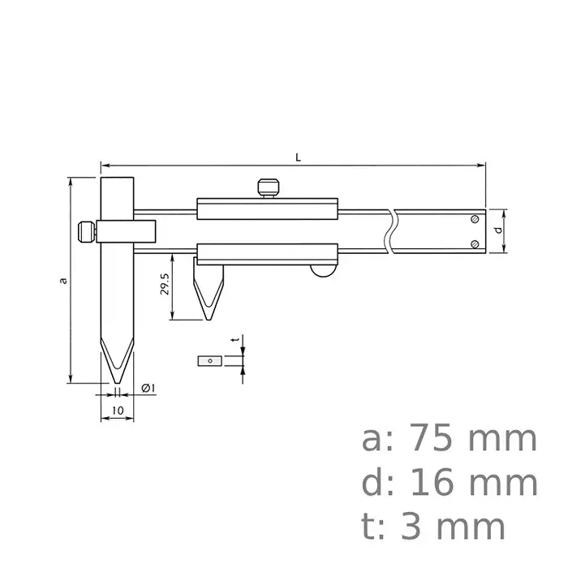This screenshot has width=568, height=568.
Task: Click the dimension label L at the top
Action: pos(299,157)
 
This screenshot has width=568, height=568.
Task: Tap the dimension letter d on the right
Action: pos(497,230)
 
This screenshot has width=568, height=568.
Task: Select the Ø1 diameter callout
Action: pos(148,389)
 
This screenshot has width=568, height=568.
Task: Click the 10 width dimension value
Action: pos(118,411)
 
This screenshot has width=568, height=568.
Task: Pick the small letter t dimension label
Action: pos(235,341)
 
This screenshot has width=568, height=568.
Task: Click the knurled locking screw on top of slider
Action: pos(268,187)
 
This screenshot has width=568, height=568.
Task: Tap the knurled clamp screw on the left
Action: pos(84,232)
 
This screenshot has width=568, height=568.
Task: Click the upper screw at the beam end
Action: pos(475,219)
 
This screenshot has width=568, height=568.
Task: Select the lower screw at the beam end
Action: pos(475,243)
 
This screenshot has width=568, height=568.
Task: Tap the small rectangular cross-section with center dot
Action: pos(210,360)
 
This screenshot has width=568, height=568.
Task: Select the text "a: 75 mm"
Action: pos(449,439)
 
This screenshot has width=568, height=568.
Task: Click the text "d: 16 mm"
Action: pos(449,484)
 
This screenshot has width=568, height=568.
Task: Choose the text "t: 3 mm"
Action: pos(433,527)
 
